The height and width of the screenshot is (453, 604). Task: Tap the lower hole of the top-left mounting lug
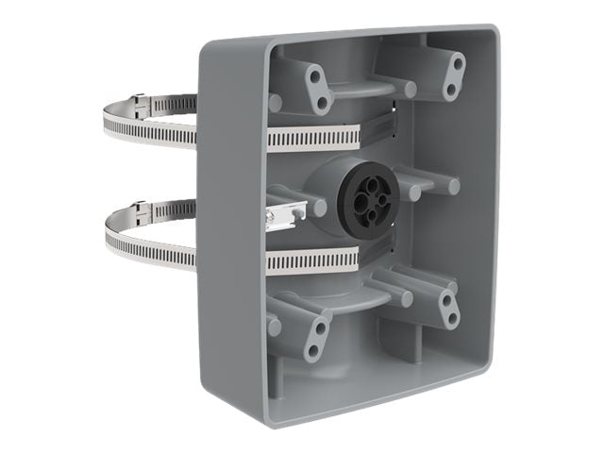coord(323,102)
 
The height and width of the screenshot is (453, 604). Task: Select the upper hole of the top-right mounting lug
coord(458,65)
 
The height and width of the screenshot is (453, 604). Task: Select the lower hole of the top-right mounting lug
coord(450,90)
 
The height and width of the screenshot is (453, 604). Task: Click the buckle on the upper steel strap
coord(140,100)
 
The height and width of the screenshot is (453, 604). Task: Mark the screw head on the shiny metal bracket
coord(273,219)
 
